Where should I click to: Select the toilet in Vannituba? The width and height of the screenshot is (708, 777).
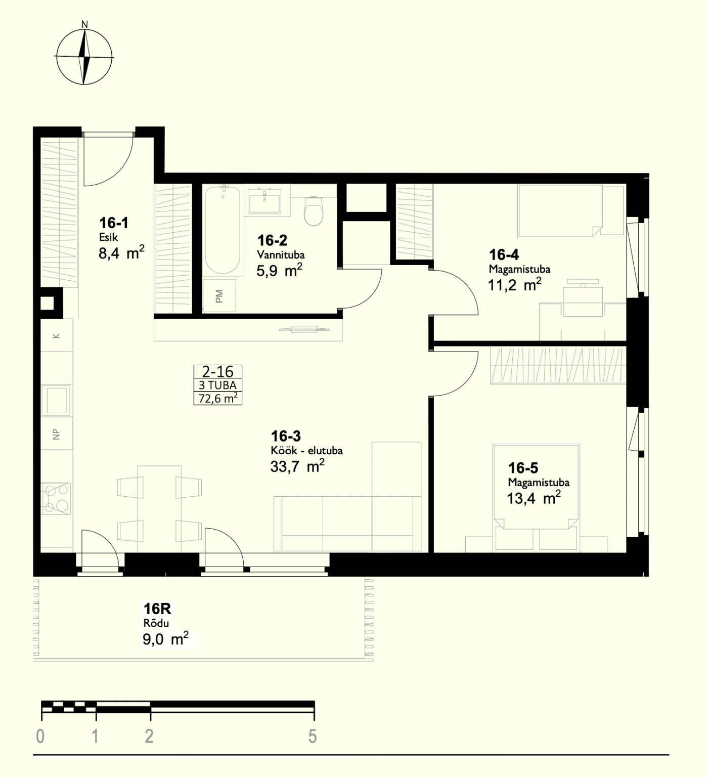(x=314, y=210)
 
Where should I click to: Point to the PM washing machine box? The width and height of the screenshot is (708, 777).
(x=219, y=296)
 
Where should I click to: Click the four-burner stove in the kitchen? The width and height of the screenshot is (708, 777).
(x=56, y=498)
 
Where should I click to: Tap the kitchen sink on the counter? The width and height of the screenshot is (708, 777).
(x=57, y=400)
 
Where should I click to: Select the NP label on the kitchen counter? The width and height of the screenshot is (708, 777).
(x=56, y=434)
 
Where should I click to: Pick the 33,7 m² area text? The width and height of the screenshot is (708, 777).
(x=297, y=466)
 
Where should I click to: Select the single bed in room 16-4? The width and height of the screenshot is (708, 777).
(x=571, y=211)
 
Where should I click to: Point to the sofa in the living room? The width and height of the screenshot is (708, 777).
(x=347, y=523)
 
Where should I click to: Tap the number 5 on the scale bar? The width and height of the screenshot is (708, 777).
(x=313, y=737)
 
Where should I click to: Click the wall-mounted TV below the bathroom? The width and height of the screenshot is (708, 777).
(x=304, y=330)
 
